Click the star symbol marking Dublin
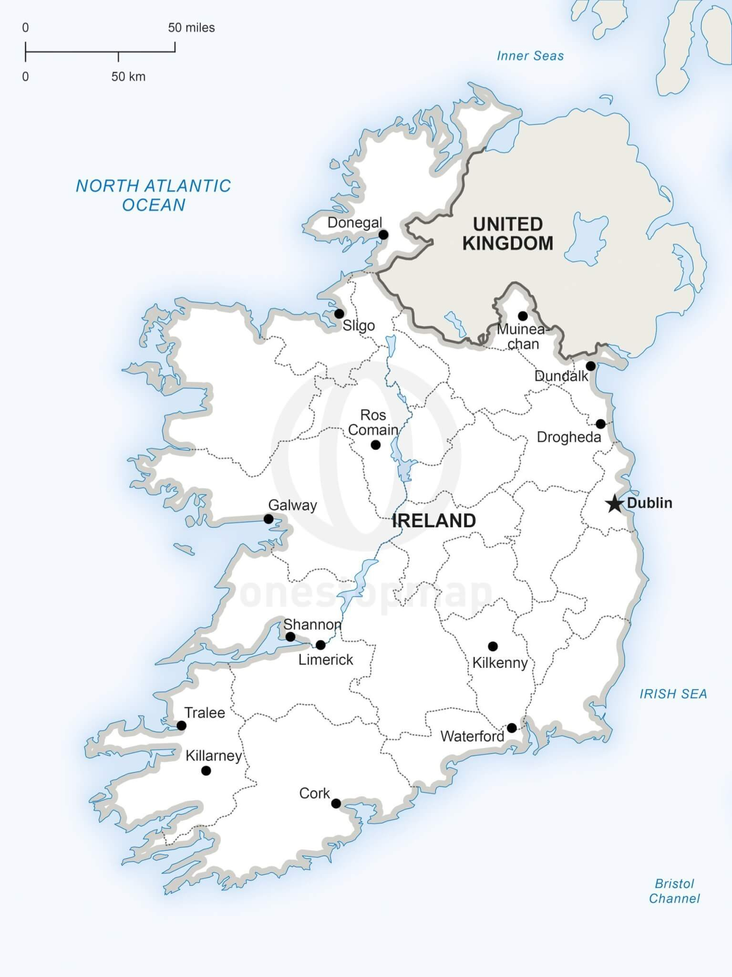615,503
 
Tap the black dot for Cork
336,803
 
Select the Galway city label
292,505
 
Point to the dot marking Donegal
383,235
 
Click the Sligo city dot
339,314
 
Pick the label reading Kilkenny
500,663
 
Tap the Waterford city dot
512,728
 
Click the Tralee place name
205,713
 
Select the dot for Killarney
206,770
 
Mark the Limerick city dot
320,645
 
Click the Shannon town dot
290,637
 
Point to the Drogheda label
568,437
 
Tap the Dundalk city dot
590,366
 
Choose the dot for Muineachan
523,316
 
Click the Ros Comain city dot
375,445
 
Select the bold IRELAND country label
433,521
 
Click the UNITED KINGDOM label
507,234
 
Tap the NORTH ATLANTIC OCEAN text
154,195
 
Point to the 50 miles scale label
191,28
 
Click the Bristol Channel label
674,891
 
